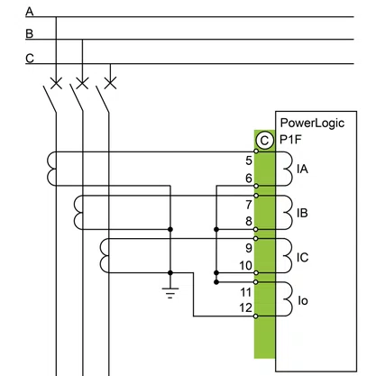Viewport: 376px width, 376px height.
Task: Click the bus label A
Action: (30, 12)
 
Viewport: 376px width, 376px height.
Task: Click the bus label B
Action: (30, 33)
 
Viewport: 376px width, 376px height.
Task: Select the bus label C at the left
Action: (30, 58)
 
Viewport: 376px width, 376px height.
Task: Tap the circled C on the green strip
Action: (265, 141)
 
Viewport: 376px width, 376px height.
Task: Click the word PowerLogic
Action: (312, 124)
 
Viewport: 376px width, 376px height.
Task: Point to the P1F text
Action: (290, 140)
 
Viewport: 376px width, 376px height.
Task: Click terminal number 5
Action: (249, 160)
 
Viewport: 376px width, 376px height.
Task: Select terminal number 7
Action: (249, 205)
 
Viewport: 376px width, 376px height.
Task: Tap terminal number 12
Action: (245, 307)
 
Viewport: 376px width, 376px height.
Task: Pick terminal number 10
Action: (245, 265)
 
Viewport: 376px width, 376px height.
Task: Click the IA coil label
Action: (302, 169)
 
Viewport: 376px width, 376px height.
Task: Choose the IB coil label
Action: (302, 213)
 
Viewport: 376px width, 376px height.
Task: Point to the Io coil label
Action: (303, 300)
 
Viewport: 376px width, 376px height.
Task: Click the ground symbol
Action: (170, 293)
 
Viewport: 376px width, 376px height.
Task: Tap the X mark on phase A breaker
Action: (56, 83)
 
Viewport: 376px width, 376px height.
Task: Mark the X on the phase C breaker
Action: (110, 83)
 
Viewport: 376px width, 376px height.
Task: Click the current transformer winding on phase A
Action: (51, 169)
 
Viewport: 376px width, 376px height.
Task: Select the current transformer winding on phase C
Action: (104, 256)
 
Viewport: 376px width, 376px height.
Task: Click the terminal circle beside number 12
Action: (256, 316)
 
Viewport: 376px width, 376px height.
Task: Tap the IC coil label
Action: (302, 258)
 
